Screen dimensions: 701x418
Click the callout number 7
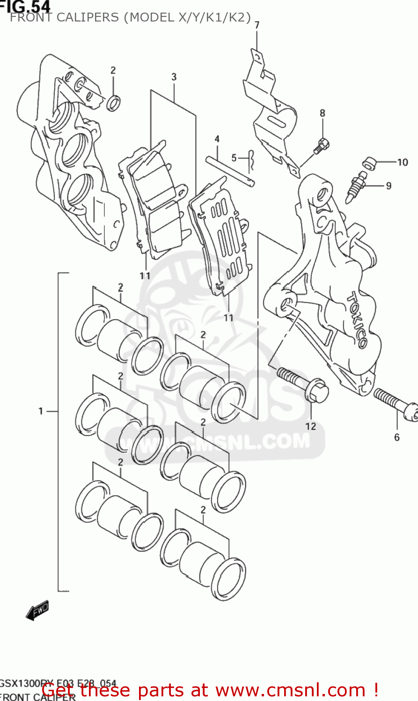coord(257,25)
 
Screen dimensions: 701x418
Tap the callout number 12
coord(311,426)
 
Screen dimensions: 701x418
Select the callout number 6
coord(397,437)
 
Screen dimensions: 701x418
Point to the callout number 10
coord(403,163)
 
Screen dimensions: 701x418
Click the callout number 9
coord(389,186)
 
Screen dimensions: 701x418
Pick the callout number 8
coord(323,113)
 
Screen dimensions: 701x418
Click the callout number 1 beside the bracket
coord(41,411)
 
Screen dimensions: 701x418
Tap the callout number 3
coord(174,77)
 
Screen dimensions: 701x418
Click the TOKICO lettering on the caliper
coord(357,320)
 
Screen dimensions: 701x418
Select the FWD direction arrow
coord(37,610)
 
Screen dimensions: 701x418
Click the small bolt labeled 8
coord(320,145)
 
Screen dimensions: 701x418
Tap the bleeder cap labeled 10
coord(369,163)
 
